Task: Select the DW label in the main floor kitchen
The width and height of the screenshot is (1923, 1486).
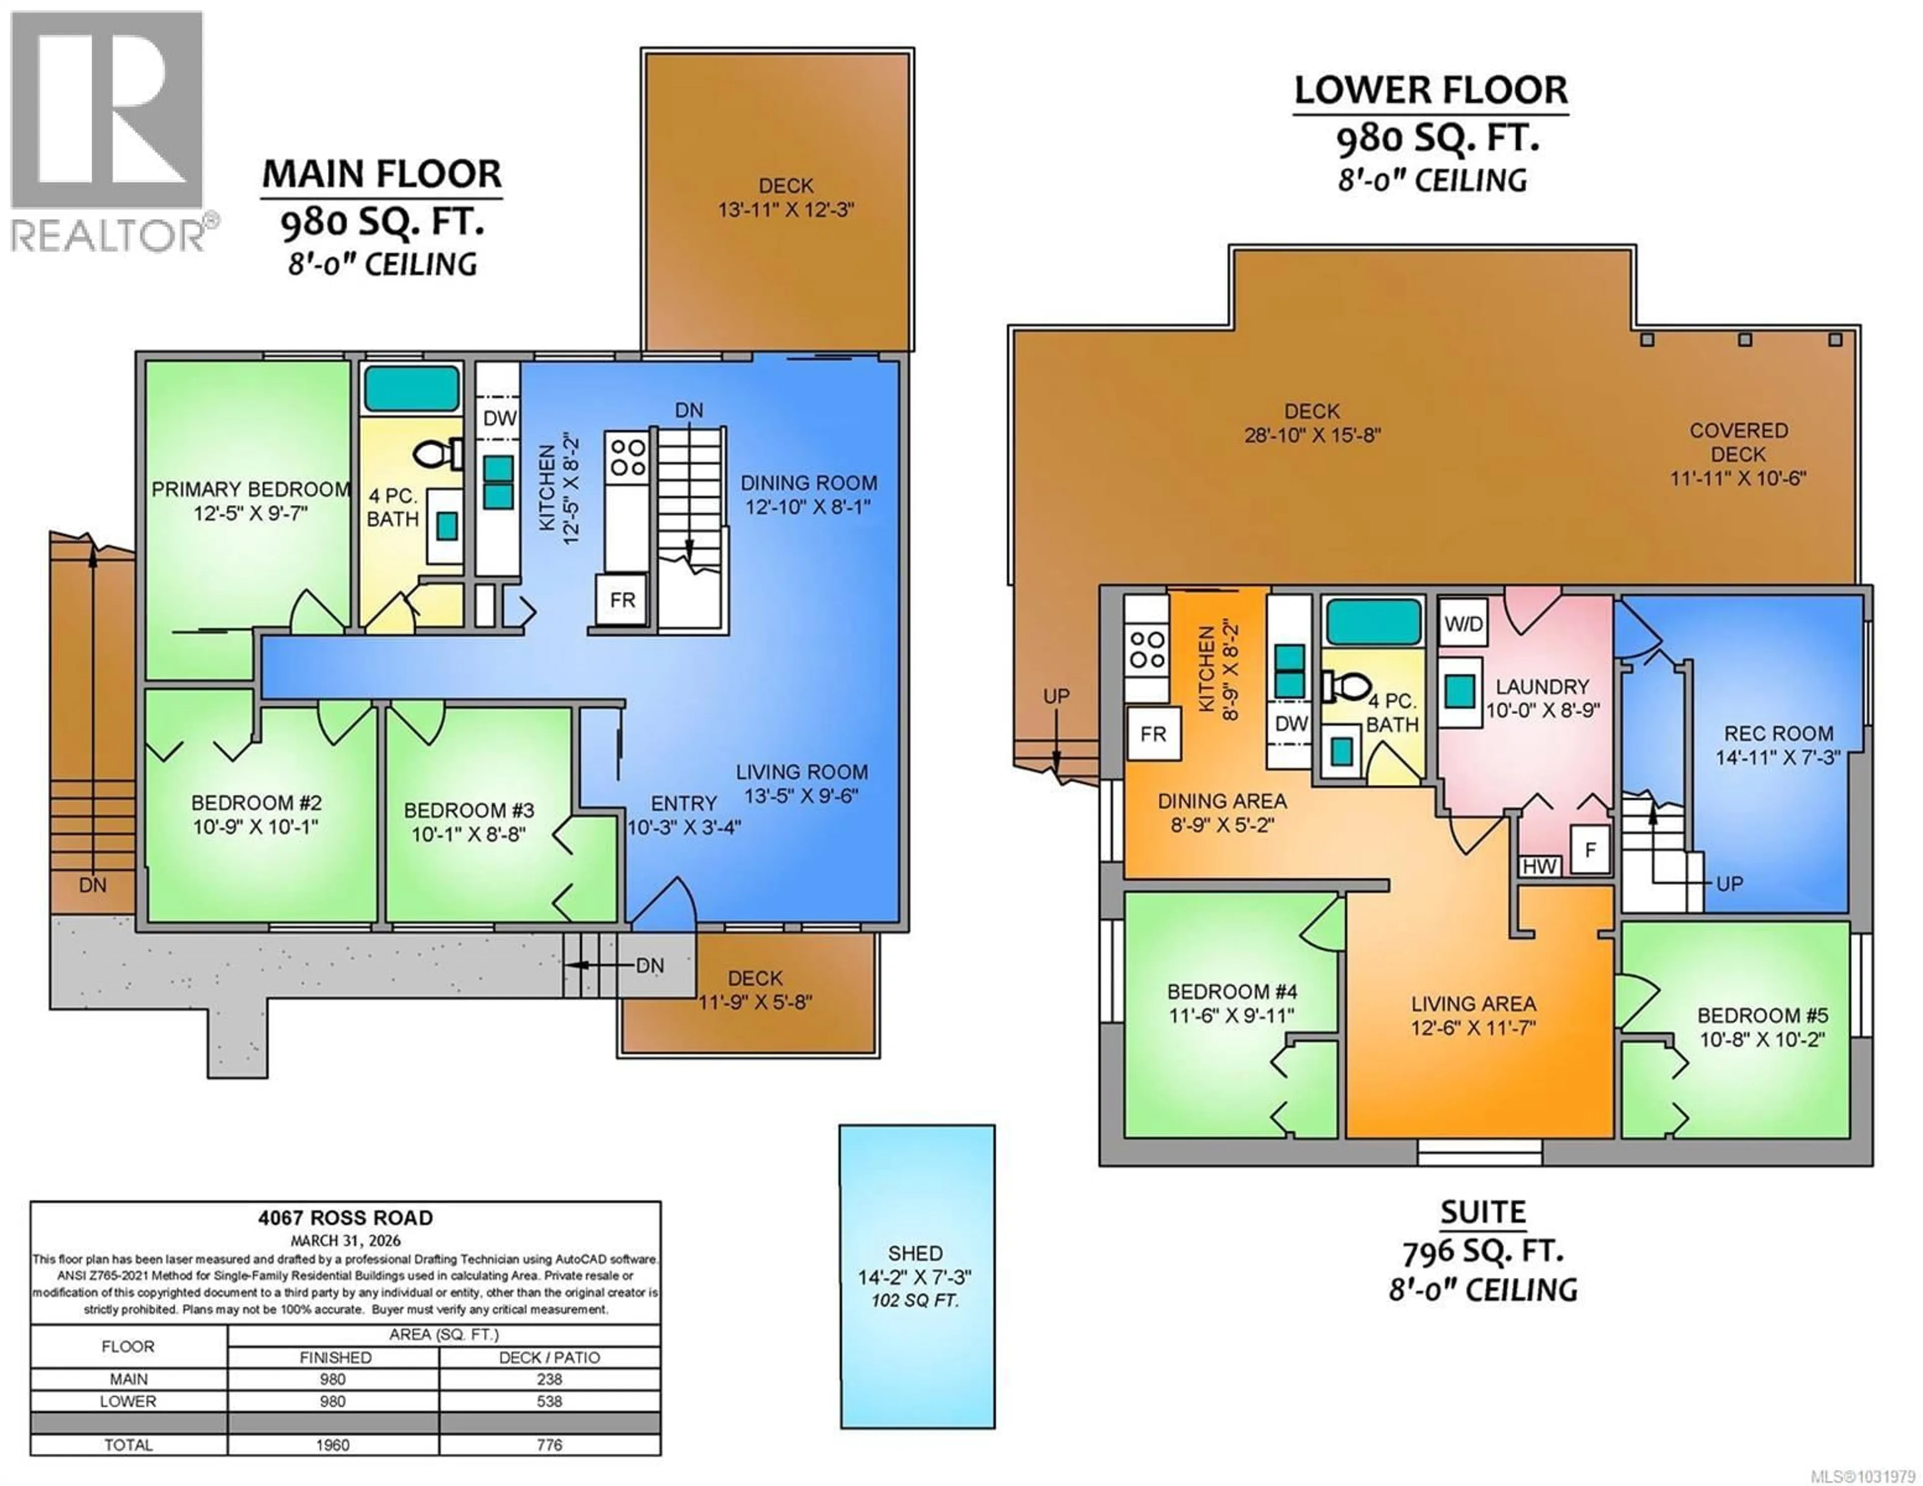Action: [x=499, y=418]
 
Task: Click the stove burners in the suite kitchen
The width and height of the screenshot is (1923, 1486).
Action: [x=1147, y=650]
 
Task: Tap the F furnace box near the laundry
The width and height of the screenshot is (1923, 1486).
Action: [x=1589, y=850]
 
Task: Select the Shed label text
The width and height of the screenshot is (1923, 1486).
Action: [x=915, y=1253]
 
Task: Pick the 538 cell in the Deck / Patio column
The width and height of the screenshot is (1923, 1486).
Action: [x=549, y=1401]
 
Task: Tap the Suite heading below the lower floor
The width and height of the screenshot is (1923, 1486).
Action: [x=1483, y=1213]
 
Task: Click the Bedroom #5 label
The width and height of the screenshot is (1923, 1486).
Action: [x=1761, y=1015]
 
